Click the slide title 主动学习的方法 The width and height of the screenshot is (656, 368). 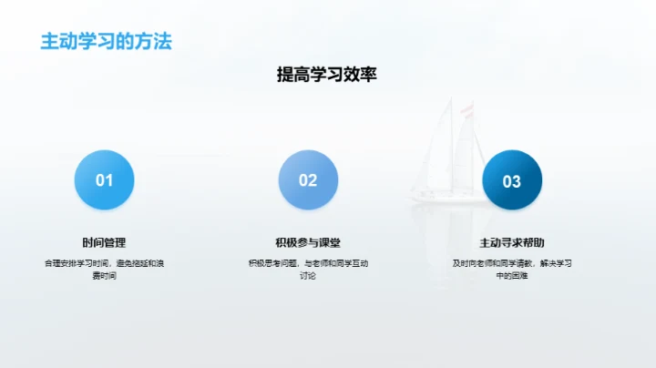click(106, 41)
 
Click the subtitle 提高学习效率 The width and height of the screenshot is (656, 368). click(326, 76)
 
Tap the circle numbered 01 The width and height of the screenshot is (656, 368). click(104, 180)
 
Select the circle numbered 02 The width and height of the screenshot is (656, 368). click(308, 180)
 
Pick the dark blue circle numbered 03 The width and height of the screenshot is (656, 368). click(512, 180)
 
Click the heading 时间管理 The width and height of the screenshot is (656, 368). click(104, 243)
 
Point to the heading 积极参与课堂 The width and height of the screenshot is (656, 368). click(308, 243)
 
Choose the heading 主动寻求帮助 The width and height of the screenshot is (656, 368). click(512, 243)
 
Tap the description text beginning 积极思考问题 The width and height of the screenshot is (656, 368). click(308, 263)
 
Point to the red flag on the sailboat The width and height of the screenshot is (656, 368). click(467, 111)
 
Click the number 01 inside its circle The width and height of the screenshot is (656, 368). click(104, 180)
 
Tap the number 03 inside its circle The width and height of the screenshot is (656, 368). click(512, 181)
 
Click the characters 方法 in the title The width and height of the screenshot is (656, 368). click(154, 41)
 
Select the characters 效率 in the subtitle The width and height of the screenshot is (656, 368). click(360, 76)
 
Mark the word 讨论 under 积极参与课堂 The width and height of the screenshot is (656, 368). click(308, 275)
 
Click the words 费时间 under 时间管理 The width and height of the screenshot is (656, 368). click(104, 275)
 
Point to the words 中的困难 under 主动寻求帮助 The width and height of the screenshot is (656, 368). click(512, 275)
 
